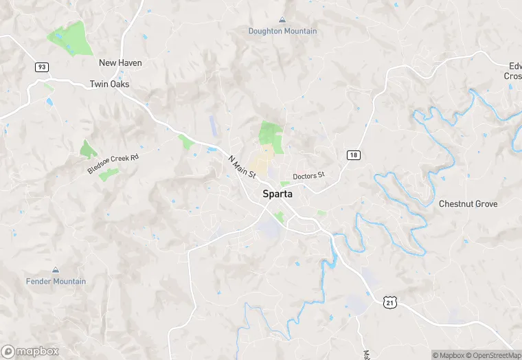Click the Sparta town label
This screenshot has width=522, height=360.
(277, 194)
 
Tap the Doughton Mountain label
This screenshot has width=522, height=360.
(282, 31)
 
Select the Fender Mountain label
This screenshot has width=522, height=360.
(56, 281)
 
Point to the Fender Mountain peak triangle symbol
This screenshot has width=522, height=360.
(56, 270)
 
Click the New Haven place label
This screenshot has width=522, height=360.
(120, 63)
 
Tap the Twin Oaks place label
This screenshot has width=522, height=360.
(109, 84)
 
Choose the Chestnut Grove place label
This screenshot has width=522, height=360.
(468, 204)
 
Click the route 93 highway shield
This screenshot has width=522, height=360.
(42, 67)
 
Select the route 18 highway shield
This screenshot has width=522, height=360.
(353, 155)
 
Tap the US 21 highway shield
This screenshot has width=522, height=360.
(390, 302)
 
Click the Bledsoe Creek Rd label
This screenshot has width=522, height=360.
(113, 164)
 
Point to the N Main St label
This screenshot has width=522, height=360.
(242, 167)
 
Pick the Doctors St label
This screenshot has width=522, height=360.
(308, 177)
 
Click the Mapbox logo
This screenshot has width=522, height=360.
(30, 351)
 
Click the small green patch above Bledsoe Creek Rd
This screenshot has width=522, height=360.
(88, 149)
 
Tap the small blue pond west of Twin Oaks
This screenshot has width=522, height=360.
(49, 102)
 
